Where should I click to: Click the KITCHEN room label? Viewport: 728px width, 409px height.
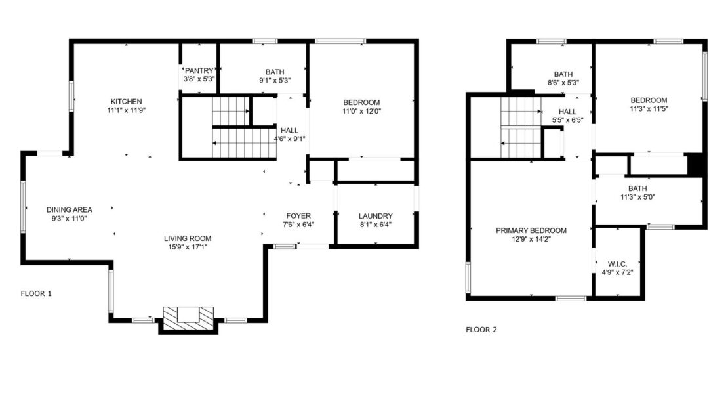(127, 102)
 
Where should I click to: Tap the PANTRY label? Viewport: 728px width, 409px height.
(199, 71)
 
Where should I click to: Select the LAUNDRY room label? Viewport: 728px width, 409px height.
(376, 216)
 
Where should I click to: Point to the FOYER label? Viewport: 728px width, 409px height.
(298, 216)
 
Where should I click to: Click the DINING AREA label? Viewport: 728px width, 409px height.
(69, 210)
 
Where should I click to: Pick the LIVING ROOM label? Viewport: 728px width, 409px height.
(188, 239)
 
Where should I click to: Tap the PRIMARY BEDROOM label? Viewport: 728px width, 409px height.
(531, 230)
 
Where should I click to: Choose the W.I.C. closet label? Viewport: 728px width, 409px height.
(618, 264)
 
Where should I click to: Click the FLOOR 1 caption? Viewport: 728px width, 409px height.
(36, 293)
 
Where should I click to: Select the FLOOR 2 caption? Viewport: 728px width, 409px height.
(481, 330)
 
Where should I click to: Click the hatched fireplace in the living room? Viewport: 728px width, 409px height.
(188, 319)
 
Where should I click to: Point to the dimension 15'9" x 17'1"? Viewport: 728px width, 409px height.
(188, 248)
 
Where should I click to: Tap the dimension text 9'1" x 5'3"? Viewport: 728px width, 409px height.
(275, 80)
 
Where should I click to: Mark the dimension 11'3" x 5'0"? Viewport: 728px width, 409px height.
(637, 197)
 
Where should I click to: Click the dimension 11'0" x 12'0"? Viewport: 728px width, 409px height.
(361, 111)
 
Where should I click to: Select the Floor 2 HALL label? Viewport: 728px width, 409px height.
(567, 112)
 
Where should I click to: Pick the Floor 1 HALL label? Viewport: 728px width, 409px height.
(289, 131)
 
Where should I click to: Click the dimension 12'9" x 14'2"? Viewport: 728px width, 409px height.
(531, 240)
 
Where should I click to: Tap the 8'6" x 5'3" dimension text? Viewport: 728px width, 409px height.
(563, 83)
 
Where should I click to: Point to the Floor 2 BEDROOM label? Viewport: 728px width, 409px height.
(649, 100)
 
